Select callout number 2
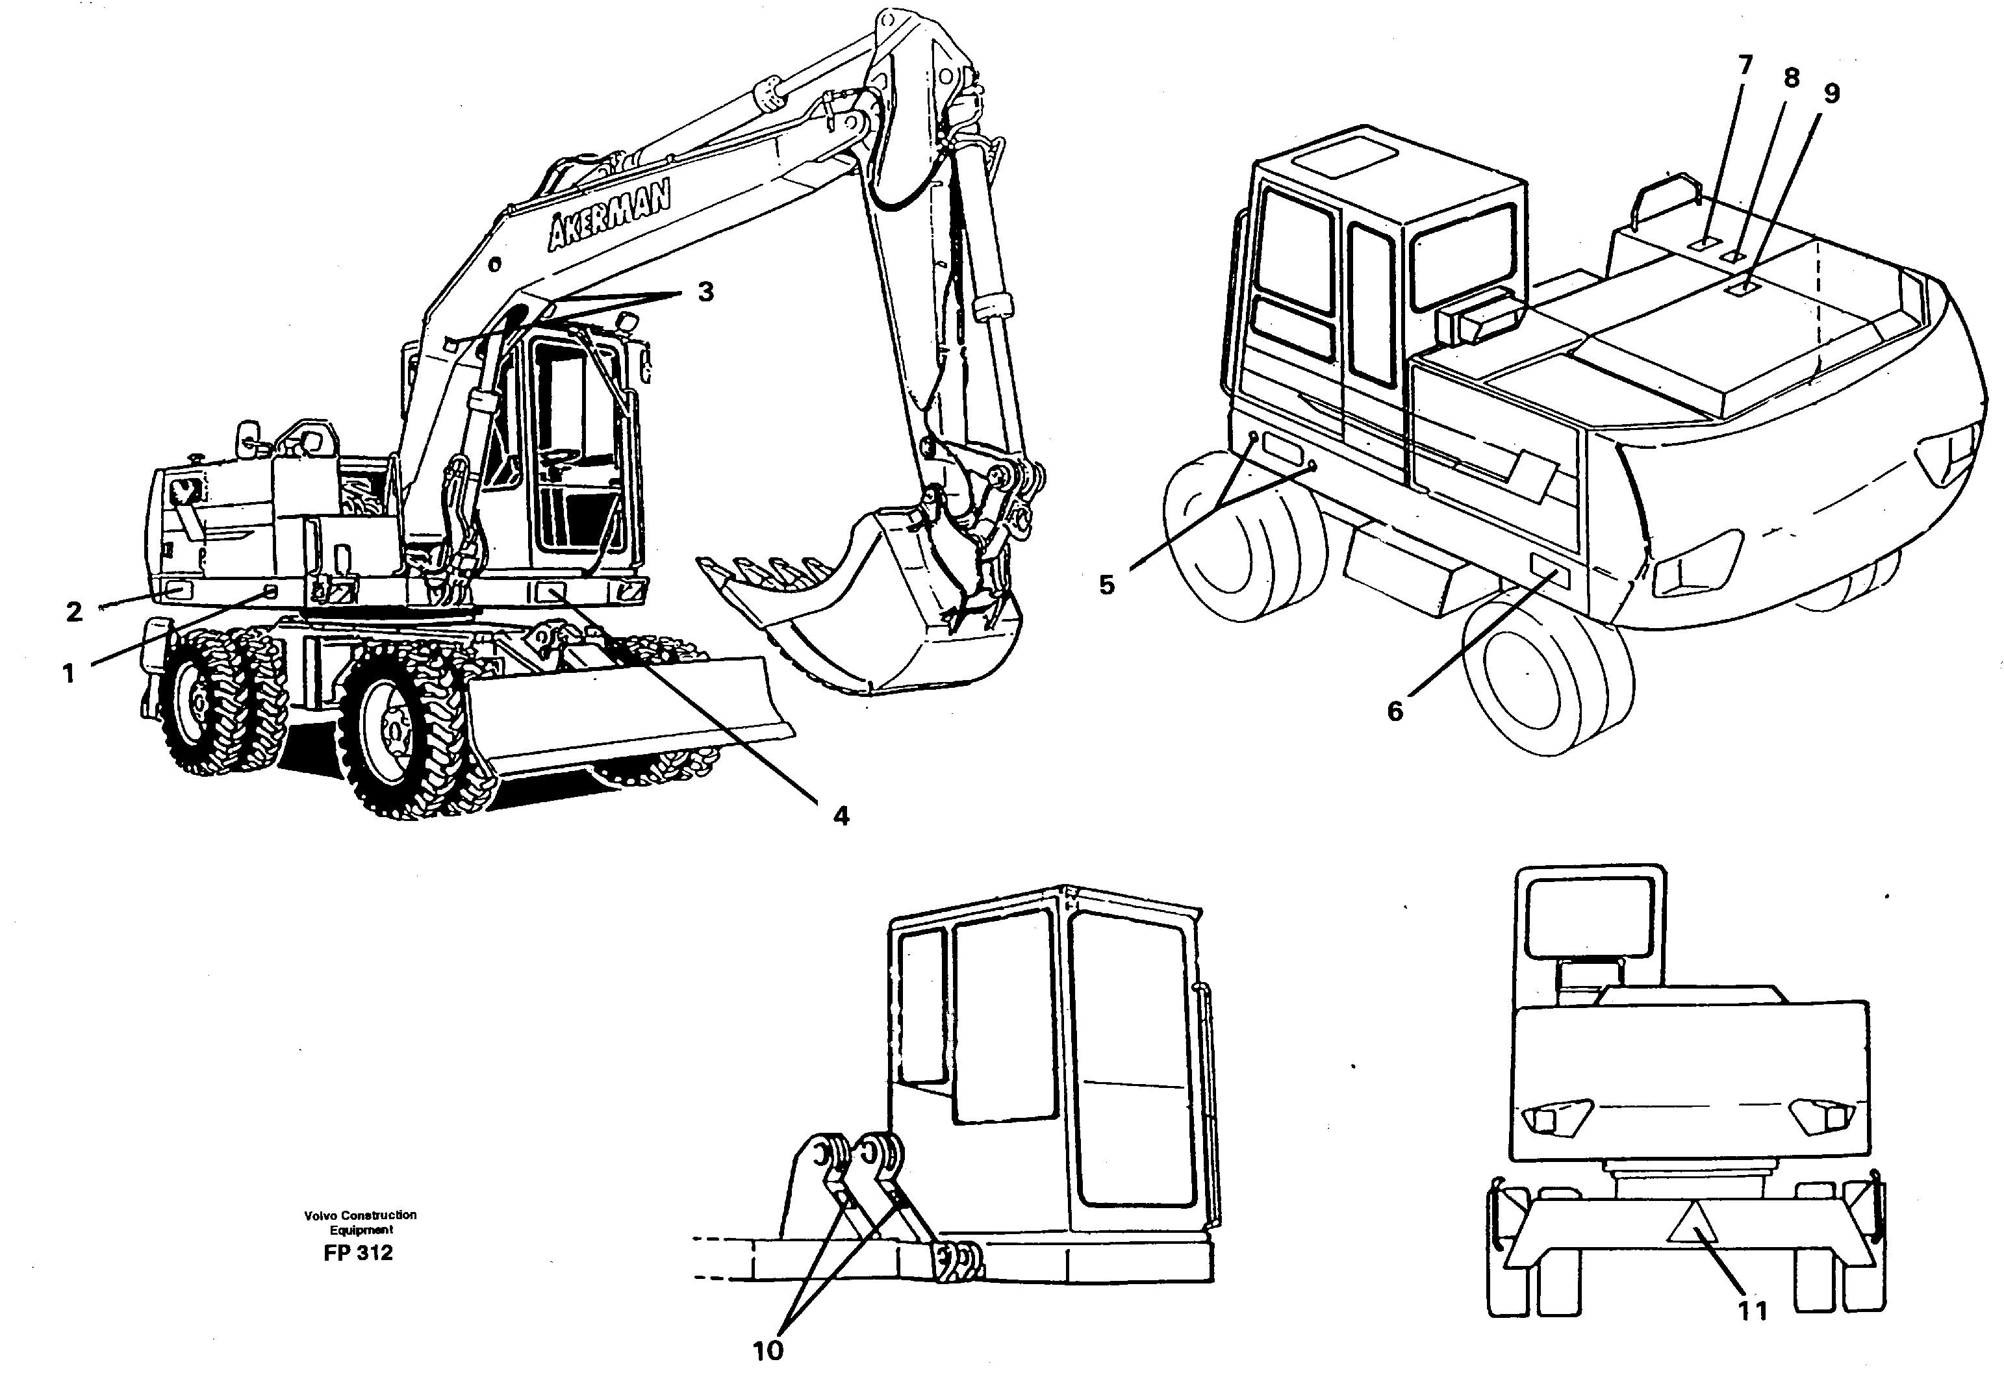point(74,612)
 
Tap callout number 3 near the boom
point(705,292)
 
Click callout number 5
point(1107,585)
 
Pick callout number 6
point(1395,711)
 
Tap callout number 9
point(1831,93)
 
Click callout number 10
point(768,1350)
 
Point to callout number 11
point(1752,1312)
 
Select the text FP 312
point(358,1254)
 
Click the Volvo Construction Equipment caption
point(360,1222)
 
